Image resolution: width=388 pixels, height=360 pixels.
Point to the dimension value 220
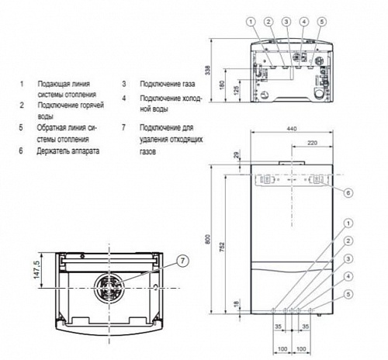[x=312, y=144]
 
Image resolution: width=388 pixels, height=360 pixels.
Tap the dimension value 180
[x=222, y=83]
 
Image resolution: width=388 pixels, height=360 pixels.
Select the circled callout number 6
[x=348, y=192]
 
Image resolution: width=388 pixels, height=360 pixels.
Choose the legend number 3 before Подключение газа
[x=123, y=82]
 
